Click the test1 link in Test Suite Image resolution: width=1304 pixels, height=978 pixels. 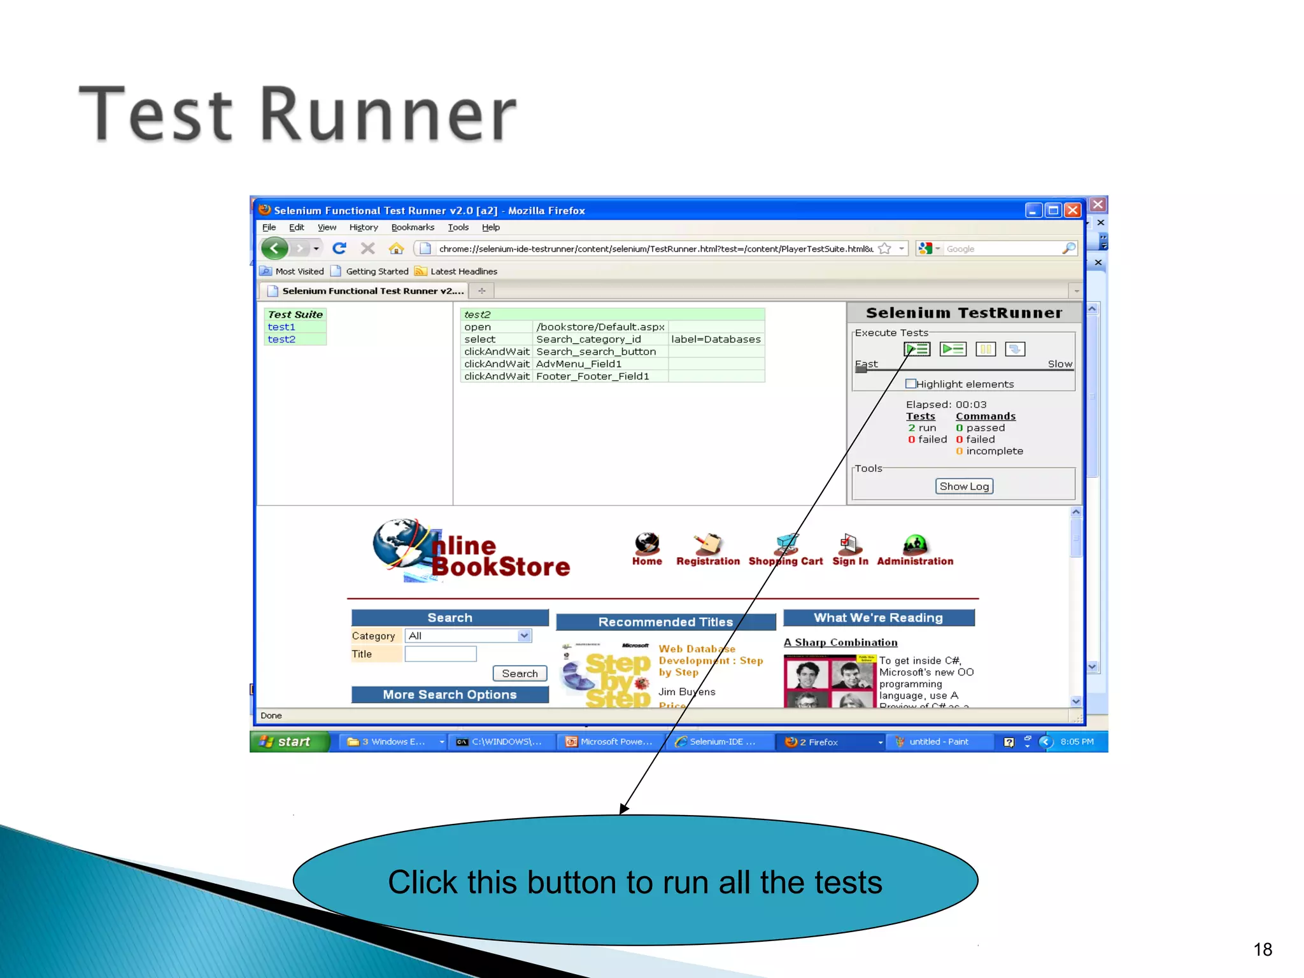pyautogui.click(x=281, y=327)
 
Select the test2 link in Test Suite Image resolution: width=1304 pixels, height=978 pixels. pyautogui.click(x=281, y=339)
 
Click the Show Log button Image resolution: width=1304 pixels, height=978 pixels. pyautogui.click(x=964, y=486)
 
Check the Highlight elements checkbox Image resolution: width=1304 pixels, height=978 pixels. pyautogui.click(x=911, y=384)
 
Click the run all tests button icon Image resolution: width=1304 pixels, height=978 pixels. pyautogui.click(x=917, y=349)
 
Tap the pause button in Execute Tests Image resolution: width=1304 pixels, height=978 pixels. pyautogui.click(x=985, y=349)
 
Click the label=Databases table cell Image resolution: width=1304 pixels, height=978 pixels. pyautogui.click(x=716, y=339)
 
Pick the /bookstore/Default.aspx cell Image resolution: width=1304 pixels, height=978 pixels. pyautogui.click(x=600, y=327)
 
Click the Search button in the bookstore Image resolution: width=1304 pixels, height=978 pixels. pyautogui.click(x=520, y=674)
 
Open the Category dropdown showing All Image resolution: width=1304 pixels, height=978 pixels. pyautogui.click(x=469, y=635)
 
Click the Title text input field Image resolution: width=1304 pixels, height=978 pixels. pyautogui.click(x=441, y=654)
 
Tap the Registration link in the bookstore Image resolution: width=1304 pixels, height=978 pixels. pyautogui.click(x=708, y=561)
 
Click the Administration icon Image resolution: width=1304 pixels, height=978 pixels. pyautogui.click(x=915, y=545)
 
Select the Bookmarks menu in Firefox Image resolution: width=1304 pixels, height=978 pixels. pyautogui.click(x=413, y=227)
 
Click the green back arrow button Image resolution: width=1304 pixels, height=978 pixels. pyautogui.click(x=275, y=248)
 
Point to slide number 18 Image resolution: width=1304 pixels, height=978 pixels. pyautogui.click(x=1263, y=949)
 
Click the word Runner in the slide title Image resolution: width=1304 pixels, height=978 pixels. pyautogui.click(x=388, y=115)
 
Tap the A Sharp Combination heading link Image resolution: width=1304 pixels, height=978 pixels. pyautogui.click(x=840, y=642)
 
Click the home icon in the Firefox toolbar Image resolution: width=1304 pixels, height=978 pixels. pyautogui.click(x=396, y=248)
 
